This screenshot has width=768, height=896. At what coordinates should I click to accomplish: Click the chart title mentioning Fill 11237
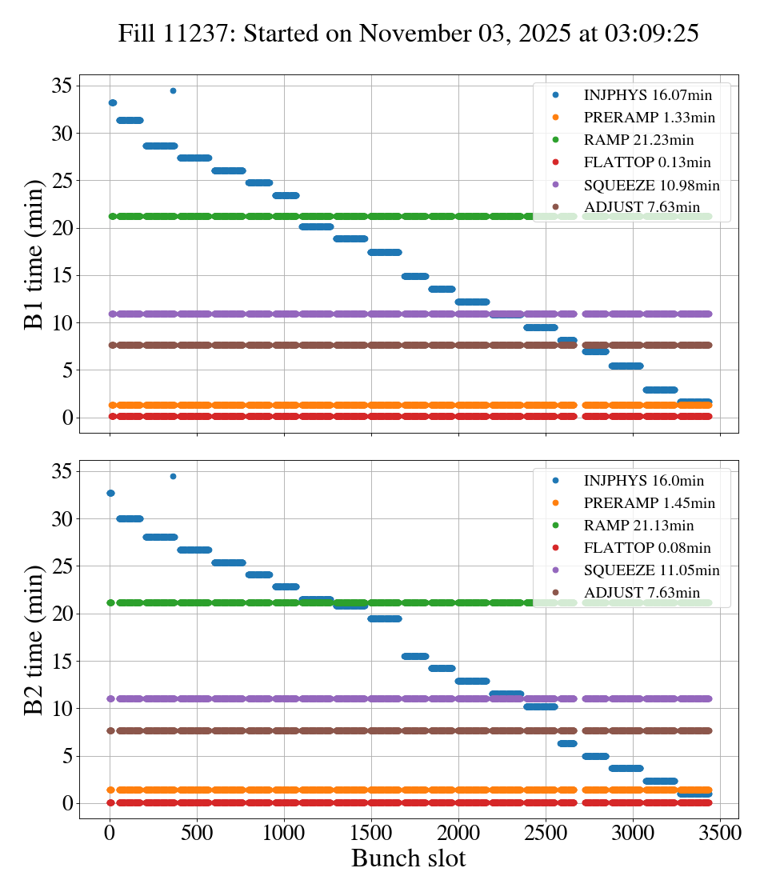(x=408, y=34)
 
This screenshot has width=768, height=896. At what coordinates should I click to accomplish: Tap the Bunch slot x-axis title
(x=408, y=859)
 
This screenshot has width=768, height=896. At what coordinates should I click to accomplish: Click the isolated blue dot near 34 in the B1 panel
(x=173, y=90)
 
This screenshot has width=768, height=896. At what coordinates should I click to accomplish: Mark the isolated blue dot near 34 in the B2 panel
(x=173, y=476)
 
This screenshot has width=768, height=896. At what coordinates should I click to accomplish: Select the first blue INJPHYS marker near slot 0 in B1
(x=113, y=102)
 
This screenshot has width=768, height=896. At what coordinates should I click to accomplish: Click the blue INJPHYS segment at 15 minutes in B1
(x=415, y=276)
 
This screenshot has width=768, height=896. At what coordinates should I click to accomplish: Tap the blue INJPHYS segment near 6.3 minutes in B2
(x=567, y=743)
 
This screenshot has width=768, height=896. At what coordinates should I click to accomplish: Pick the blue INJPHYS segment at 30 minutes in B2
(x=130, y=518)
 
